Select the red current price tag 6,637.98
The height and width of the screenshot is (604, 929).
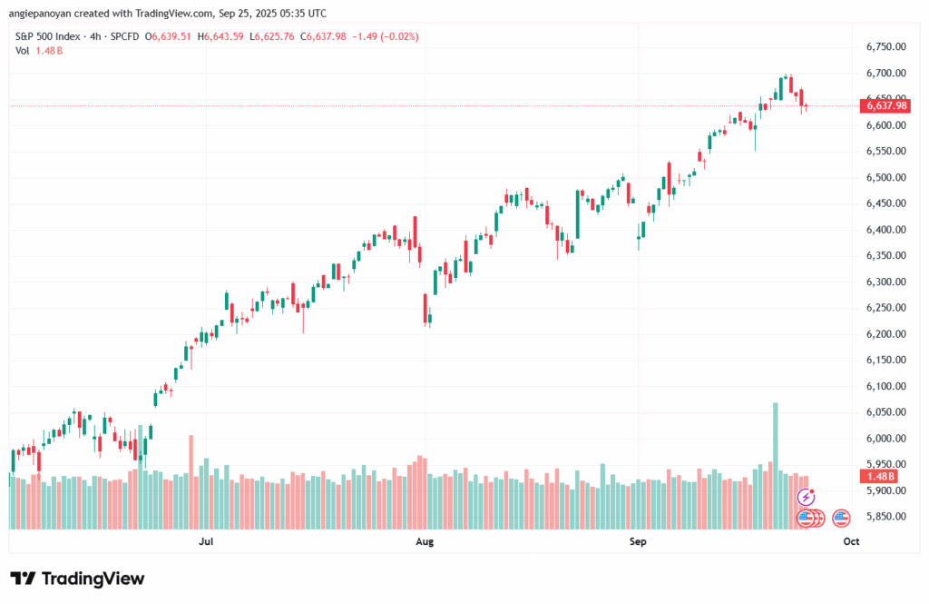tap(886, 105)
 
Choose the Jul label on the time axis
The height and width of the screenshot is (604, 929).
tap(206, 541)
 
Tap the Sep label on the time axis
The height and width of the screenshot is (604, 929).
tap(639, 541)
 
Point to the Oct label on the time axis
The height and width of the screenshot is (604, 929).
tap(850, 541)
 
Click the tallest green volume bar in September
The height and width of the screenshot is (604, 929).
tap(776, 464)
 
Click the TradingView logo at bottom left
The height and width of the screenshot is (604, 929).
tap(77, 579)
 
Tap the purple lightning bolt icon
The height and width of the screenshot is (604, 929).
tap(806, 497)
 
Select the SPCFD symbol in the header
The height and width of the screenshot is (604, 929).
tap(120, 36)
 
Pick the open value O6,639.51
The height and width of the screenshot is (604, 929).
tap(167, 36)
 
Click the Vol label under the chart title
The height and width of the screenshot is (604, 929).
tap(24, 50)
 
